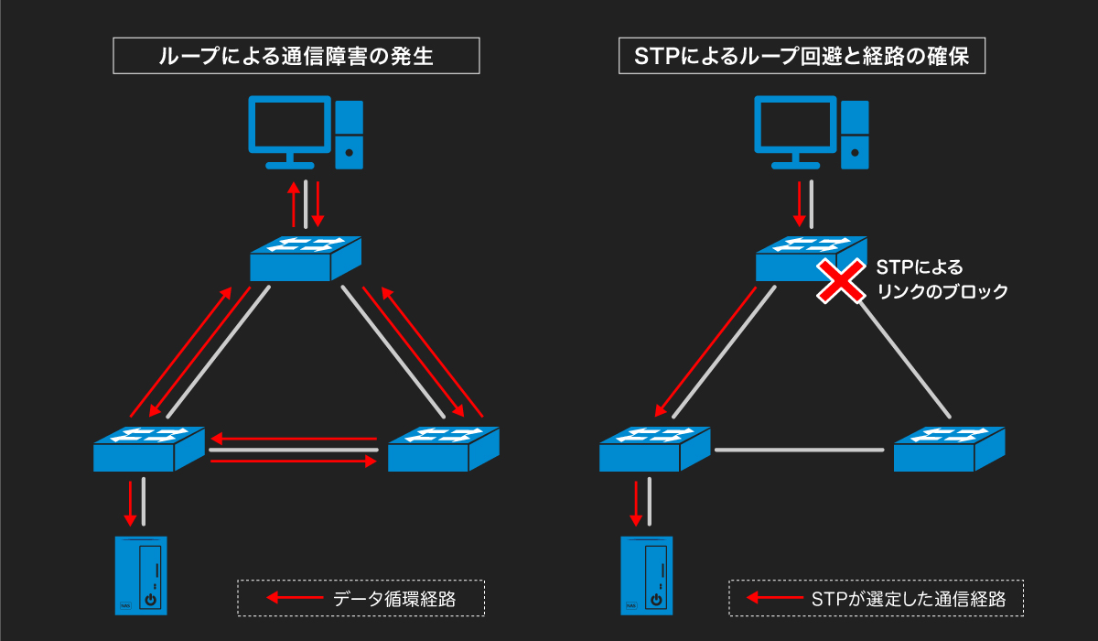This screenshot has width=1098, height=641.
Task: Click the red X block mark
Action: point(840,280)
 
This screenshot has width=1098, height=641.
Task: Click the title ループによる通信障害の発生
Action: point(296,57)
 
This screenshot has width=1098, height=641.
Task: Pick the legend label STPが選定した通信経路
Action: point(909,599)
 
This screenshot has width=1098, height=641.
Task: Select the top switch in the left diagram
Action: point(306,258)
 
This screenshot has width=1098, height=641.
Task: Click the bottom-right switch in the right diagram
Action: point(949,449)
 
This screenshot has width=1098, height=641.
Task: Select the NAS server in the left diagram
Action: point(140,575)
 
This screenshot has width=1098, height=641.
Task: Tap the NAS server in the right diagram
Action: point(646,575)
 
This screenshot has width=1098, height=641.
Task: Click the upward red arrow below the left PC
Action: point(294,203)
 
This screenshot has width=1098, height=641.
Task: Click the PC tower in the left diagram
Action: point(349,134)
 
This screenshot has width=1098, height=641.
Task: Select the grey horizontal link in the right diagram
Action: point(799,450)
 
